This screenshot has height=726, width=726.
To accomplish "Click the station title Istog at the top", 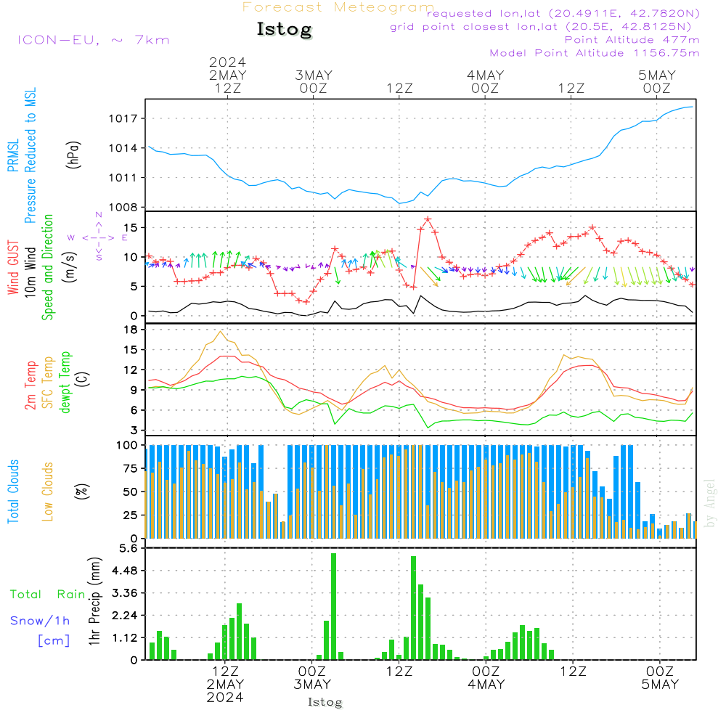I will pyautogui.click(x=284, y=30).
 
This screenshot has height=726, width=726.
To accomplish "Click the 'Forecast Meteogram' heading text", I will pyautogui.click(x=338, y=7).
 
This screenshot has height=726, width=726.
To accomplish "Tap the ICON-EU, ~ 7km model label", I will pyautogui.click(x=93, y=39).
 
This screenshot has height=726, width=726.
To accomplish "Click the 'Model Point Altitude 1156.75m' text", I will pyautogui.click(x=594, y=53).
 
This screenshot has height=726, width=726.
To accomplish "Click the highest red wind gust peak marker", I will pyautogui.click(x=428, y=219).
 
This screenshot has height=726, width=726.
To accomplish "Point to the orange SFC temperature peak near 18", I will pyautogui.click(x=221, y=332).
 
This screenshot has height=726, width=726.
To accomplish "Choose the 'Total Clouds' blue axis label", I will pyautogui.click(x=13, y=492).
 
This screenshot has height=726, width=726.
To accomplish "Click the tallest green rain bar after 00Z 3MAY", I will pyautogui.click(x=333, y=606).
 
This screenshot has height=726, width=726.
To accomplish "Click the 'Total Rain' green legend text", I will pyautogui.click(x=47, y=594).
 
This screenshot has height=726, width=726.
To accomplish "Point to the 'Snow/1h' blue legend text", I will pyautogui.click(x=40, y=621).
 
